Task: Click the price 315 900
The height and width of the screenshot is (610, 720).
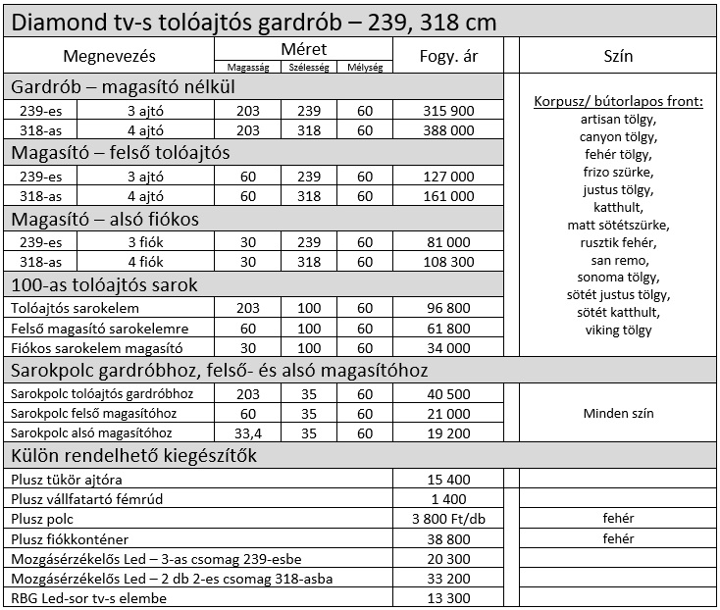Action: click(x=449, y=111)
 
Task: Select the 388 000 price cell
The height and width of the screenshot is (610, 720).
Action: click(x=449, y=129)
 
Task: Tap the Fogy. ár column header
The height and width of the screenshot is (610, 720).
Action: click(x=449, y=56)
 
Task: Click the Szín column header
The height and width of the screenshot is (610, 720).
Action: click(x=619, y=56)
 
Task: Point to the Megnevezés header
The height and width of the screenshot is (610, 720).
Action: click(x=110, y=56)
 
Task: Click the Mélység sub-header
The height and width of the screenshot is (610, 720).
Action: click(x=365, y=67)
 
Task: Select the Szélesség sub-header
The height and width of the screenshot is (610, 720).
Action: click(x=310, y=67)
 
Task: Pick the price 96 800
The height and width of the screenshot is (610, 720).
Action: click(x=449, y=308)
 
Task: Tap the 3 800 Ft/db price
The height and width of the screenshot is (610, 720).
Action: click(x=449, y=518)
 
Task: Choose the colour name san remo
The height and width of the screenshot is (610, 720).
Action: click(x=619, y=260)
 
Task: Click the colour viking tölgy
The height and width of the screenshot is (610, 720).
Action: click(x=619, y=330)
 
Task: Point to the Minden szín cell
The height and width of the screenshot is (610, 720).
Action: click(x=619, y=413)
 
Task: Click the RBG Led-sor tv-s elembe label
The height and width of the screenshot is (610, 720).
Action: click(x=89, y=598)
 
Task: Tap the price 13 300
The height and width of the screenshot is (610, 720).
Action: click(x=449, y=598)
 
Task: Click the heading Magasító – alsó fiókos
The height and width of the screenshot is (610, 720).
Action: click(x=106, y=220)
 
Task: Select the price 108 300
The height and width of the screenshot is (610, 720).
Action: click(x=449, y=262)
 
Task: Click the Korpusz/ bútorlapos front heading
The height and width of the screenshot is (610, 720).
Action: click(x=619, y=102)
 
